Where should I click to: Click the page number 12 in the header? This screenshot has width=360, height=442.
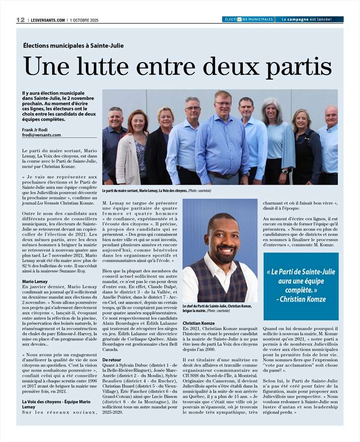(20, 20)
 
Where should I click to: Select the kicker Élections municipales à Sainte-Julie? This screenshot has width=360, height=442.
(73, 46)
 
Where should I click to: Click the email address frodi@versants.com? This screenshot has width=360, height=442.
(41, 135)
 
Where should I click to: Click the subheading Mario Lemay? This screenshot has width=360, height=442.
(35, 282)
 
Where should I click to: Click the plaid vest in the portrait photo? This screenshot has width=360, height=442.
(219, 283)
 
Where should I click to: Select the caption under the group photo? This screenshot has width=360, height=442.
(156, 191)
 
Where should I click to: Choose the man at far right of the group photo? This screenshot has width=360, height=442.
(328, 144)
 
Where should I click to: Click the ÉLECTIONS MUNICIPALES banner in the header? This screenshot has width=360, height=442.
(248, 20)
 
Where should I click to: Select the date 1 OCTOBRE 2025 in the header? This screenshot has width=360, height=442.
(84, 20)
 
